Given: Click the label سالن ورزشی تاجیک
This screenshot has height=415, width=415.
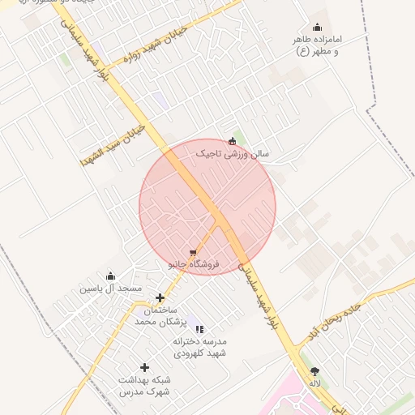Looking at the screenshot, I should [232, 152].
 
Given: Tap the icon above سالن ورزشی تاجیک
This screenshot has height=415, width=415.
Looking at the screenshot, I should [233, 140].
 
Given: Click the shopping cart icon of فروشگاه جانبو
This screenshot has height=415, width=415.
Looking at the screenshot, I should [192, 253].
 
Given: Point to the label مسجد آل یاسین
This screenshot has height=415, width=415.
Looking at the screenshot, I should [110, 289].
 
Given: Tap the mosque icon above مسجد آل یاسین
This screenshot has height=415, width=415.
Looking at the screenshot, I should [111, 276].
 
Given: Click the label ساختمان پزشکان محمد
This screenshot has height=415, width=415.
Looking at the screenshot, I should [155, 316].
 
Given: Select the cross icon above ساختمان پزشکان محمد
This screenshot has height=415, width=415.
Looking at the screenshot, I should [160, 298].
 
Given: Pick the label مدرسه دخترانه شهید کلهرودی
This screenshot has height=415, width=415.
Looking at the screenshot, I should [199, 347].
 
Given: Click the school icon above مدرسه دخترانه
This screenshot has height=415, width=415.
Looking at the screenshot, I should [199, 329].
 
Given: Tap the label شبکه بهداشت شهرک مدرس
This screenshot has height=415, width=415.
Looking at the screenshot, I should [144, 385].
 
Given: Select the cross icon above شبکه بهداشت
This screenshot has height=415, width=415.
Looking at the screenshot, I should [144, 367].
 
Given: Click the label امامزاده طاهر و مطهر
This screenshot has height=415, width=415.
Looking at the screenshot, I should [317, 45].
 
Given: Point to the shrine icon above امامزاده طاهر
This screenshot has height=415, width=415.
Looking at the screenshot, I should [317, 27].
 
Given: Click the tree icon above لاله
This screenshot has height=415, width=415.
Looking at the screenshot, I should [314, 371].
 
